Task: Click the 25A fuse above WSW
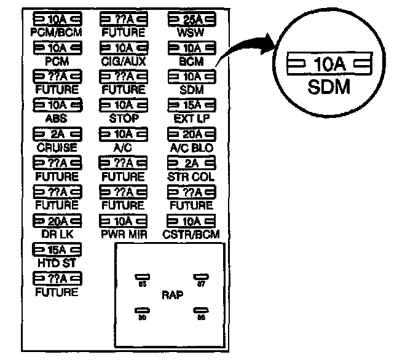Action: [x=192, y=19]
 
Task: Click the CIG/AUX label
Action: [x=124, y=61]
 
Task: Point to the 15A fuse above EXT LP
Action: [x=192, y=104]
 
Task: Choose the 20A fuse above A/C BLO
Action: [x=192, y=134]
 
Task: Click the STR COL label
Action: [x=192, y=176]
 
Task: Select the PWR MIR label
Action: [x=124, y=234]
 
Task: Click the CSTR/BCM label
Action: [x=192, y=234]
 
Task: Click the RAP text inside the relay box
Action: [x=173, y=295]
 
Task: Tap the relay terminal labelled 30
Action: [x=141, y=311]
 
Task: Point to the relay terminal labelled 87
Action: [x=199, y=278]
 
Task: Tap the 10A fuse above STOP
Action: [x=124, y=104]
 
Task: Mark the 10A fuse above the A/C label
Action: [x=124, y=134]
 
